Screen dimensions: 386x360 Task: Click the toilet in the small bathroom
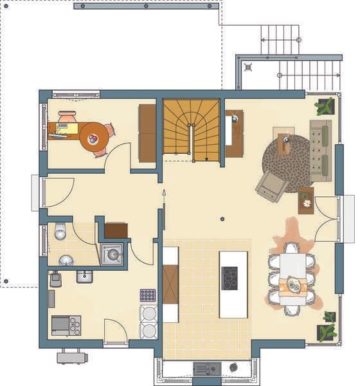pyautogui.click(x=60, y=231)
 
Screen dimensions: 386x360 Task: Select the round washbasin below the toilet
pyautogui.click(x=66, y=260)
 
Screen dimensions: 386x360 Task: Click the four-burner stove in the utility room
pyautogui.click(x=66, y=325)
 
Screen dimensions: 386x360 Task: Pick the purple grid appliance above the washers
pyautogui.click(x=148, y=295)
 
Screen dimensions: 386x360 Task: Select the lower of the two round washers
pyautogui.click(x=148, y=330)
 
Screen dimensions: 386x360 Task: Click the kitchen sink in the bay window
pyautogui.click(x=207, y=369)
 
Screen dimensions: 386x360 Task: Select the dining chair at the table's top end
pyautogui.click(x=292, y=248)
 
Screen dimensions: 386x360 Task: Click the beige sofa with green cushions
pyautogui.click(x=320, y=150)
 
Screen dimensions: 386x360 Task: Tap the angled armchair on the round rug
pyautogui.click(x=271, y=187)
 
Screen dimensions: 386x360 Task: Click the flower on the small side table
pyautogui.click(x=307, y=203)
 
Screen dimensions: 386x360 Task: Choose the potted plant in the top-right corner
pyautogui.click(x=325, y=106)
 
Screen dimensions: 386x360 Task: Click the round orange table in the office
pyautogui.click(x=94, y=136)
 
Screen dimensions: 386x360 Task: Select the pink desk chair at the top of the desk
pyautogui.click(x=67, y=117)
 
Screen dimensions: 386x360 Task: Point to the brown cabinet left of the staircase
pyautogui.click(x=147, y=133)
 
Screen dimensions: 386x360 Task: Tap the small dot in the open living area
pyautogui.click(x=222, y=219)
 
